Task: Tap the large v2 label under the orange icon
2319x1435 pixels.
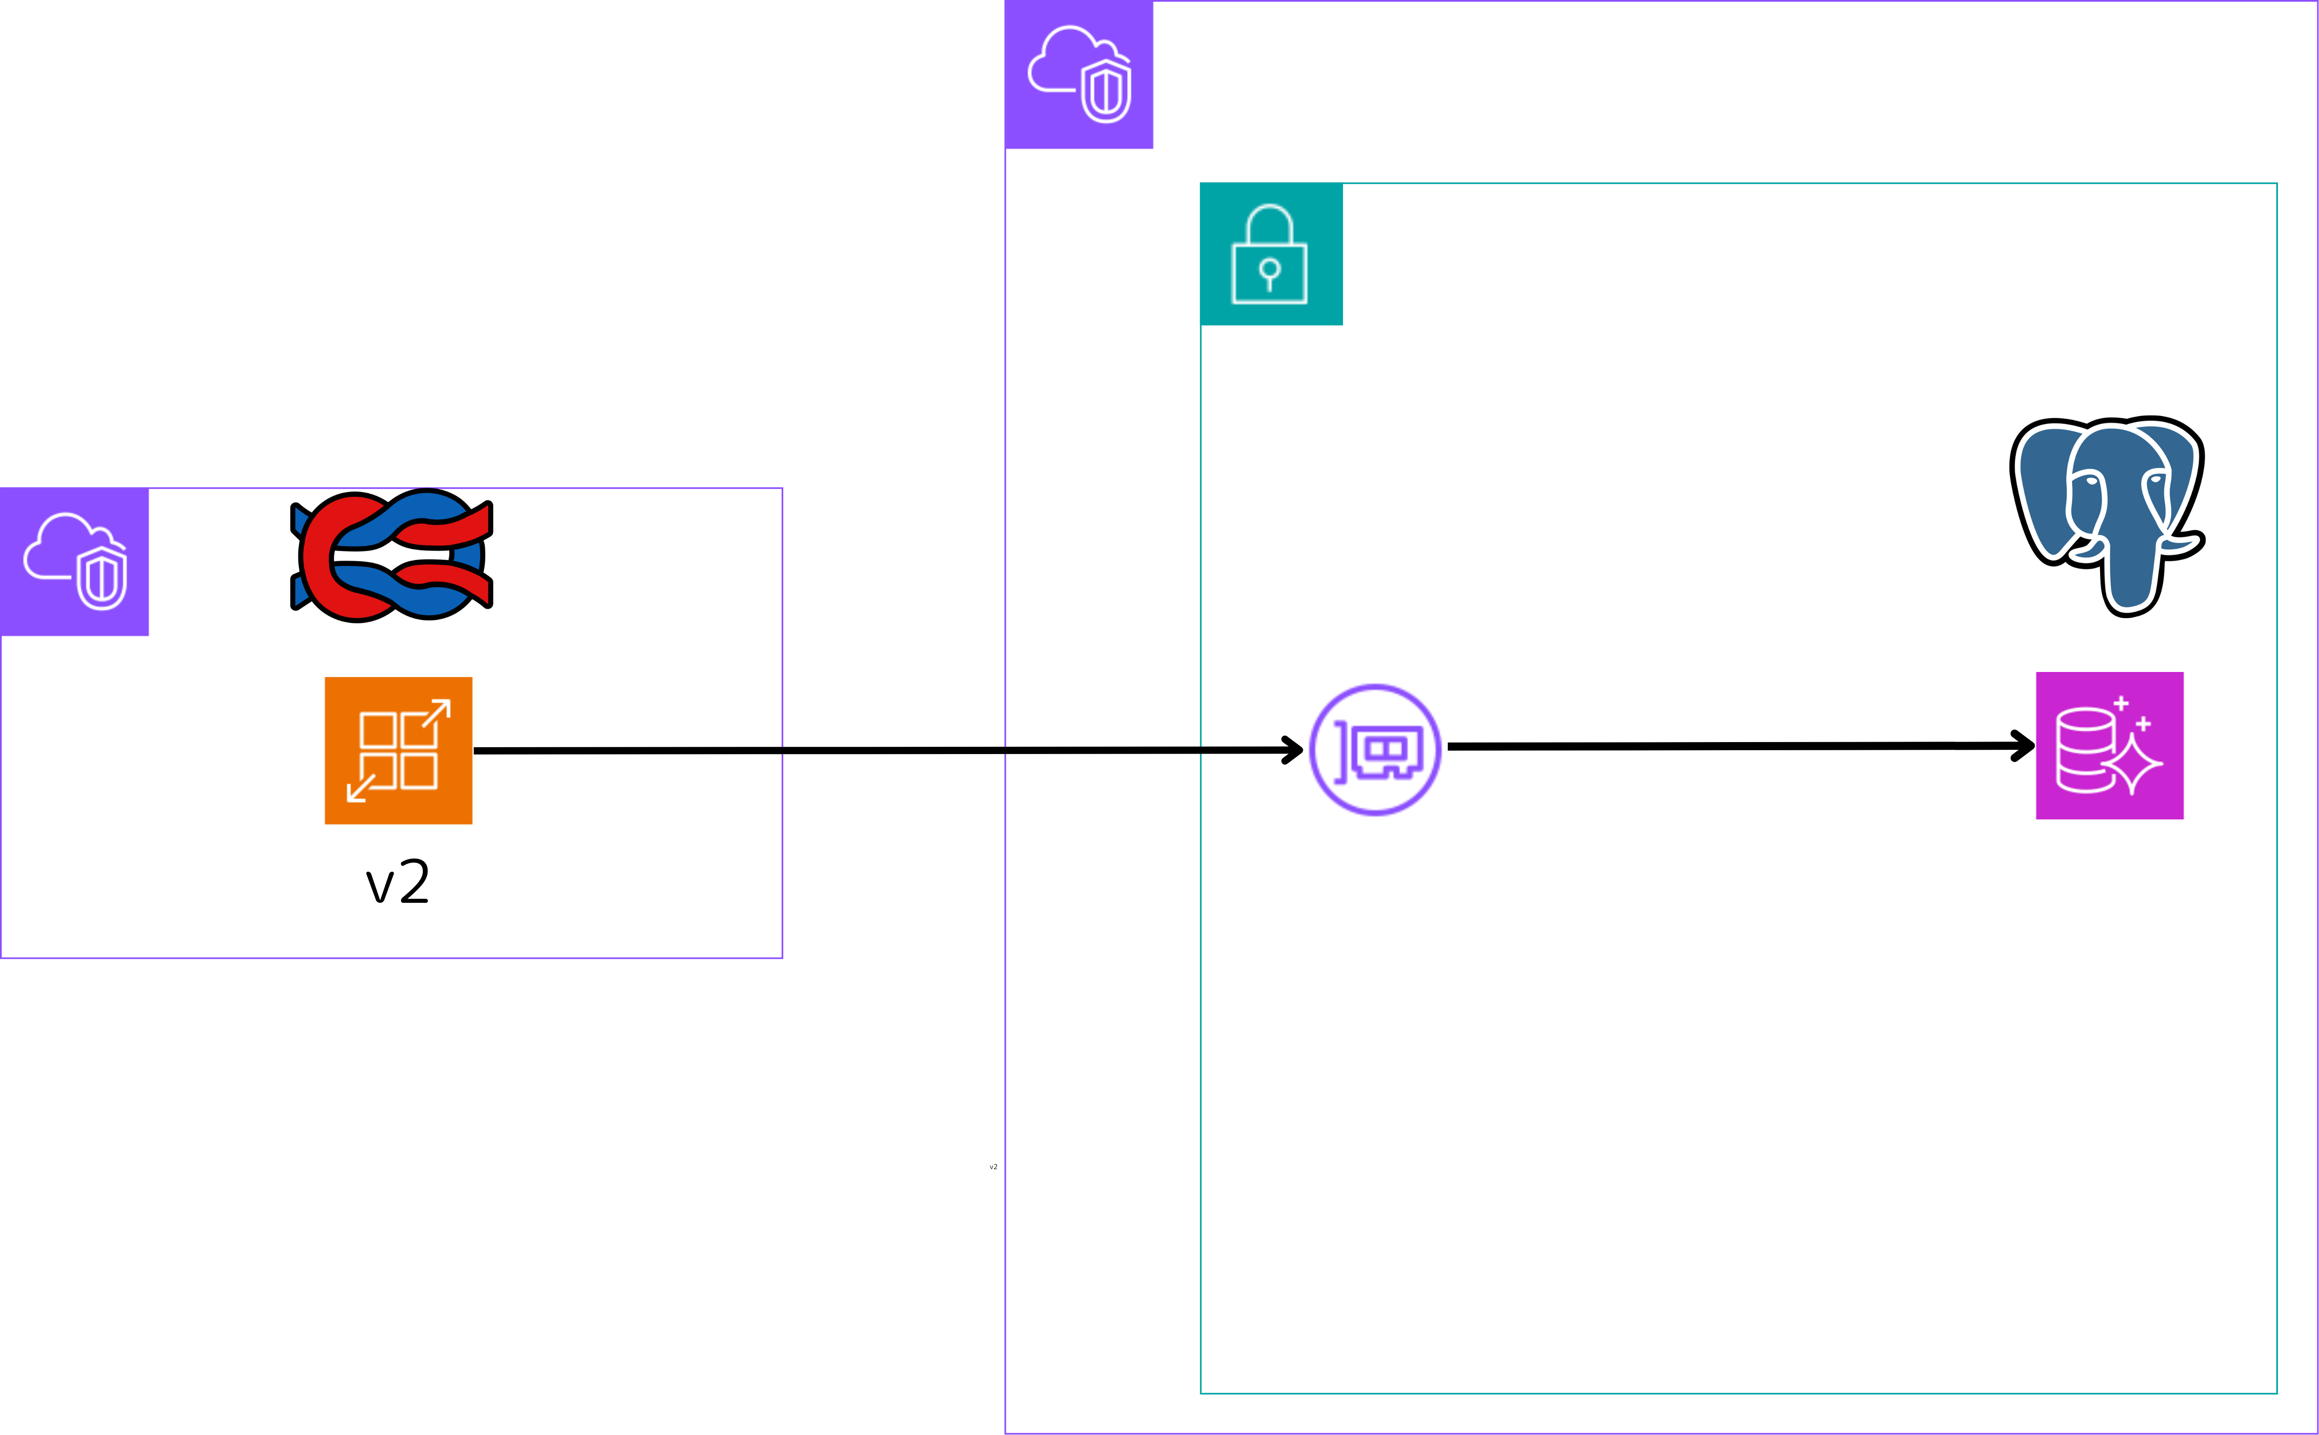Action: coord(398,882)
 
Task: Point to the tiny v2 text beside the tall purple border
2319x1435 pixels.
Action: coord(993,1167)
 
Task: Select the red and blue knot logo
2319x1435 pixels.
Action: coord(391,555)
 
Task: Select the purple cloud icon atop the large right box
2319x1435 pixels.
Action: coord(1078,74)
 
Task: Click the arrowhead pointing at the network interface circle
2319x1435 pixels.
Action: coord(1293,750)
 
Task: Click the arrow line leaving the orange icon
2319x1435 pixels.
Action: coord(759,751)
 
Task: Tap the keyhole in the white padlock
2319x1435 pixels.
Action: coord(1269,272)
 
